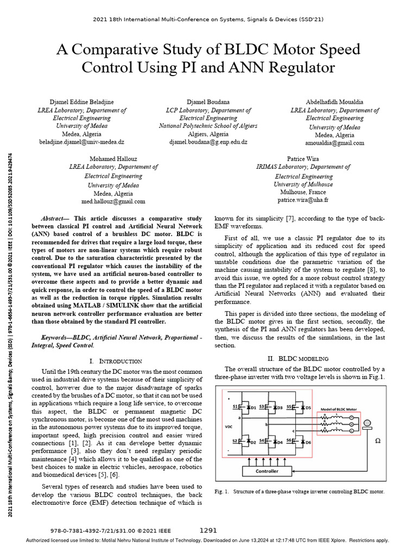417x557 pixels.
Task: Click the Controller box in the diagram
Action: [x=267, y=471]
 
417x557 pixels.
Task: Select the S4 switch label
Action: [x=262, y=441]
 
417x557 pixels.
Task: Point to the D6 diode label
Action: [x=307, y=442]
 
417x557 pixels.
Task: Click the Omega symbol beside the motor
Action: [x=378, y=442]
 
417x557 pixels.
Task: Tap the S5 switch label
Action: [x=290, y=406]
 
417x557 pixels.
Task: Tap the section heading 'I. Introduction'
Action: [x=115, y=361]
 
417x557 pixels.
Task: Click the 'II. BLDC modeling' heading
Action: [x=300, y=359]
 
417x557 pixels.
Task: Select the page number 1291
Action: [x=208, y=530]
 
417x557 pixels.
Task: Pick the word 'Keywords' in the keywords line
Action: [x=59, y=337]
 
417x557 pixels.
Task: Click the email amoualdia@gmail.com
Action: [x=335, y=143]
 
